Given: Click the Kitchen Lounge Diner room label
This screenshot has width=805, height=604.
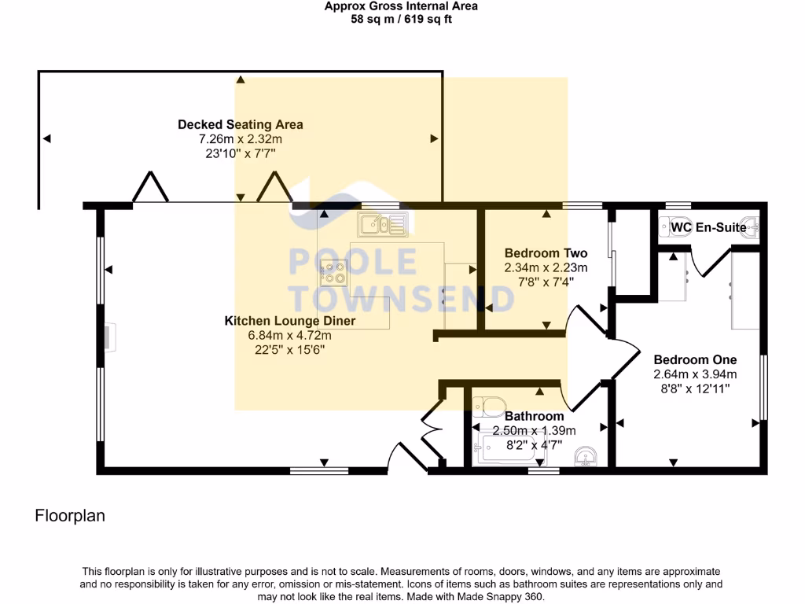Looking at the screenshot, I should click(290, 321).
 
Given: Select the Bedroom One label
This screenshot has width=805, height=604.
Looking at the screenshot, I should click(684, 359).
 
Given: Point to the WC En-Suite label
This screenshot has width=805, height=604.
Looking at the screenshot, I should click(708, 228).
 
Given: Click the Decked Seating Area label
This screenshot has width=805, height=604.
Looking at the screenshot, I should click(240, 124).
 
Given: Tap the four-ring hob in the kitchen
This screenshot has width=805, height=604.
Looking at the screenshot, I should click(333, 271).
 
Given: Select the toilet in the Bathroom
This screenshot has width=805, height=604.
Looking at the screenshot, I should click(489, 407).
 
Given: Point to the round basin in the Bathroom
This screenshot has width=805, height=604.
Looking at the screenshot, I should click(586, 456).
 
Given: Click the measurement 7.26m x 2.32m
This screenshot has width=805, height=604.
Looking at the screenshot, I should click(240, 139).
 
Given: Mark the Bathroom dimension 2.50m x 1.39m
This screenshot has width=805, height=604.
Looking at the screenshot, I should click(534, 431).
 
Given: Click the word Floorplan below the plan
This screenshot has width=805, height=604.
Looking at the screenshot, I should click(70, 516).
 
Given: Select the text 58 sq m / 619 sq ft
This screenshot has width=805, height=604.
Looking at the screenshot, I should click(401, 19).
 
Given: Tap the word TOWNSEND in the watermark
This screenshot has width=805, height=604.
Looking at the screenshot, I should click(402, 298).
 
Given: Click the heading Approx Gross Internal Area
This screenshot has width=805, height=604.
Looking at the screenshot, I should click(401, 6).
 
